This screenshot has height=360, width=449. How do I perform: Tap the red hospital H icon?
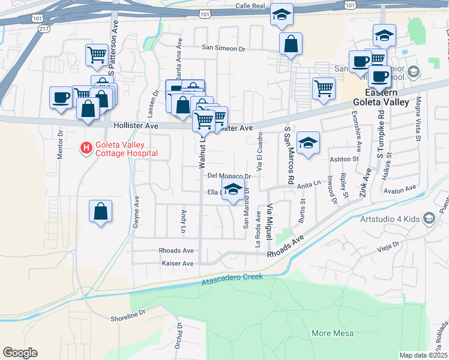(x=86, y=146)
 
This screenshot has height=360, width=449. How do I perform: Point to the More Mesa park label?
(x=333, y=333)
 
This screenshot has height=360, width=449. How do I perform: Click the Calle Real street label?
(x=250, y=5)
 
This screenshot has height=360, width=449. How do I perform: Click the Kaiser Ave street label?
(x=178, y=263)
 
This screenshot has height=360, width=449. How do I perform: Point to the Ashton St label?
(x=344, y=159)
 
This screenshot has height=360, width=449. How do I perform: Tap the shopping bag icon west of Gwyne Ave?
(x=100, y=211)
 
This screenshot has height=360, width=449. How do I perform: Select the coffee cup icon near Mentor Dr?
(x=61, y=97)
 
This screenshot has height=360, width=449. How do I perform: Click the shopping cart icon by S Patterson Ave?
(x=97, y=55)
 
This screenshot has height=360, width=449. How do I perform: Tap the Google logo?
(x=20, y=353)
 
